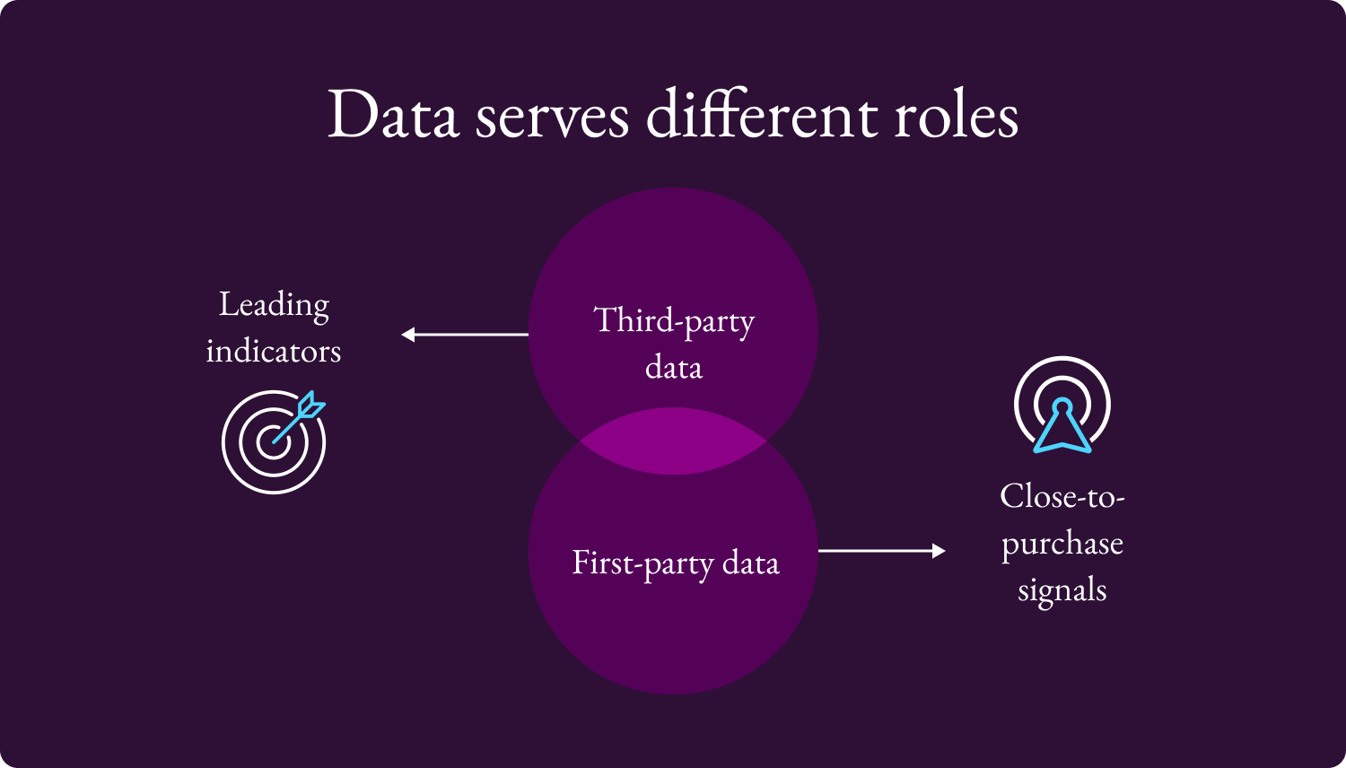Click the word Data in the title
393,116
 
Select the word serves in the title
552,118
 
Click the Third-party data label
674,344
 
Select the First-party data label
676,563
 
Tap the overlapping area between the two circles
673,441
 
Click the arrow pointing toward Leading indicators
465,335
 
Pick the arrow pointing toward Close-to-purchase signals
881,550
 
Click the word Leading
274,305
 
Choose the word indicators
274,351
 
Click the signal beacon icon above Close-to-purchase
1062,405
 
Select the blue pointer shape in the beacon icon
1062,427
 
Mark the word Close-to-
1062,496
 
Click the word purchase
1062,544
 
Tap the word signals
1062,590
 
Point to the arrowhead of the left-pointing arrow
408,335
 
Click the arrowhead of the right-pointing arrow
939,550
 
